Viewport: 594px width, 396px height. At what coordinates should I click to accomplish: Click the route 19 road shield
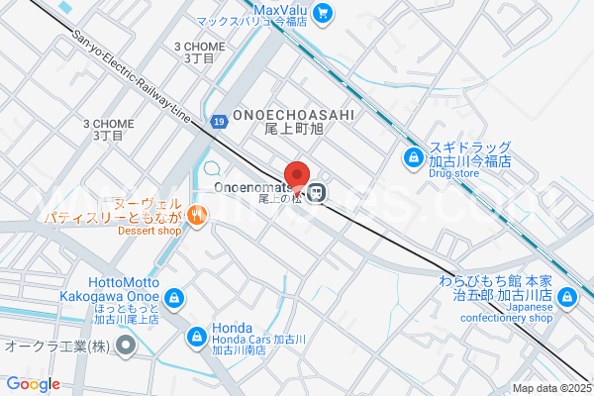click(219, 121)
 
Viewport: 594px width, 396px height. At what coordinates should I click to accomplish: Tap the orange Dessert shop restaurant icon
click(197, 213)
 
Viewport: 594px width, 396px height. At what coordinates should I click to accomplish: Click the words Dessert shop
click(149, 231)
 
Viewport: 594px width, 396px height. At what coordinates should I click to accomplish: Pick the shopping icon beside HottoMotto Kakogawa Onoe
click(174, 297)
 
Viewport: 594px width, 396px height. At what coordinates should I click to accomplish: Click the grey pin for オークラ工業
click(126, 346)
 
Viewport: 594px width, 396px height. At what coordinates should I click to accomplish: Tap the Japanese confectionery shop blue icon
click(566, 296)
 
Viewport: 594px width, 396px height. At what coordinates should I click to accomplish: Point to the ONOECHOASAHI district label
click(280, 115)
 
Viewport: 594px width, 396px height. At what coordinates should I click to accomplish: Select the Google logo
click(33, 384)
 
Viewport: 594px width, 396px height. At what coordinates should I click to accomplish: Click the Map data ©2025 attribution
click(551, 388)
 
